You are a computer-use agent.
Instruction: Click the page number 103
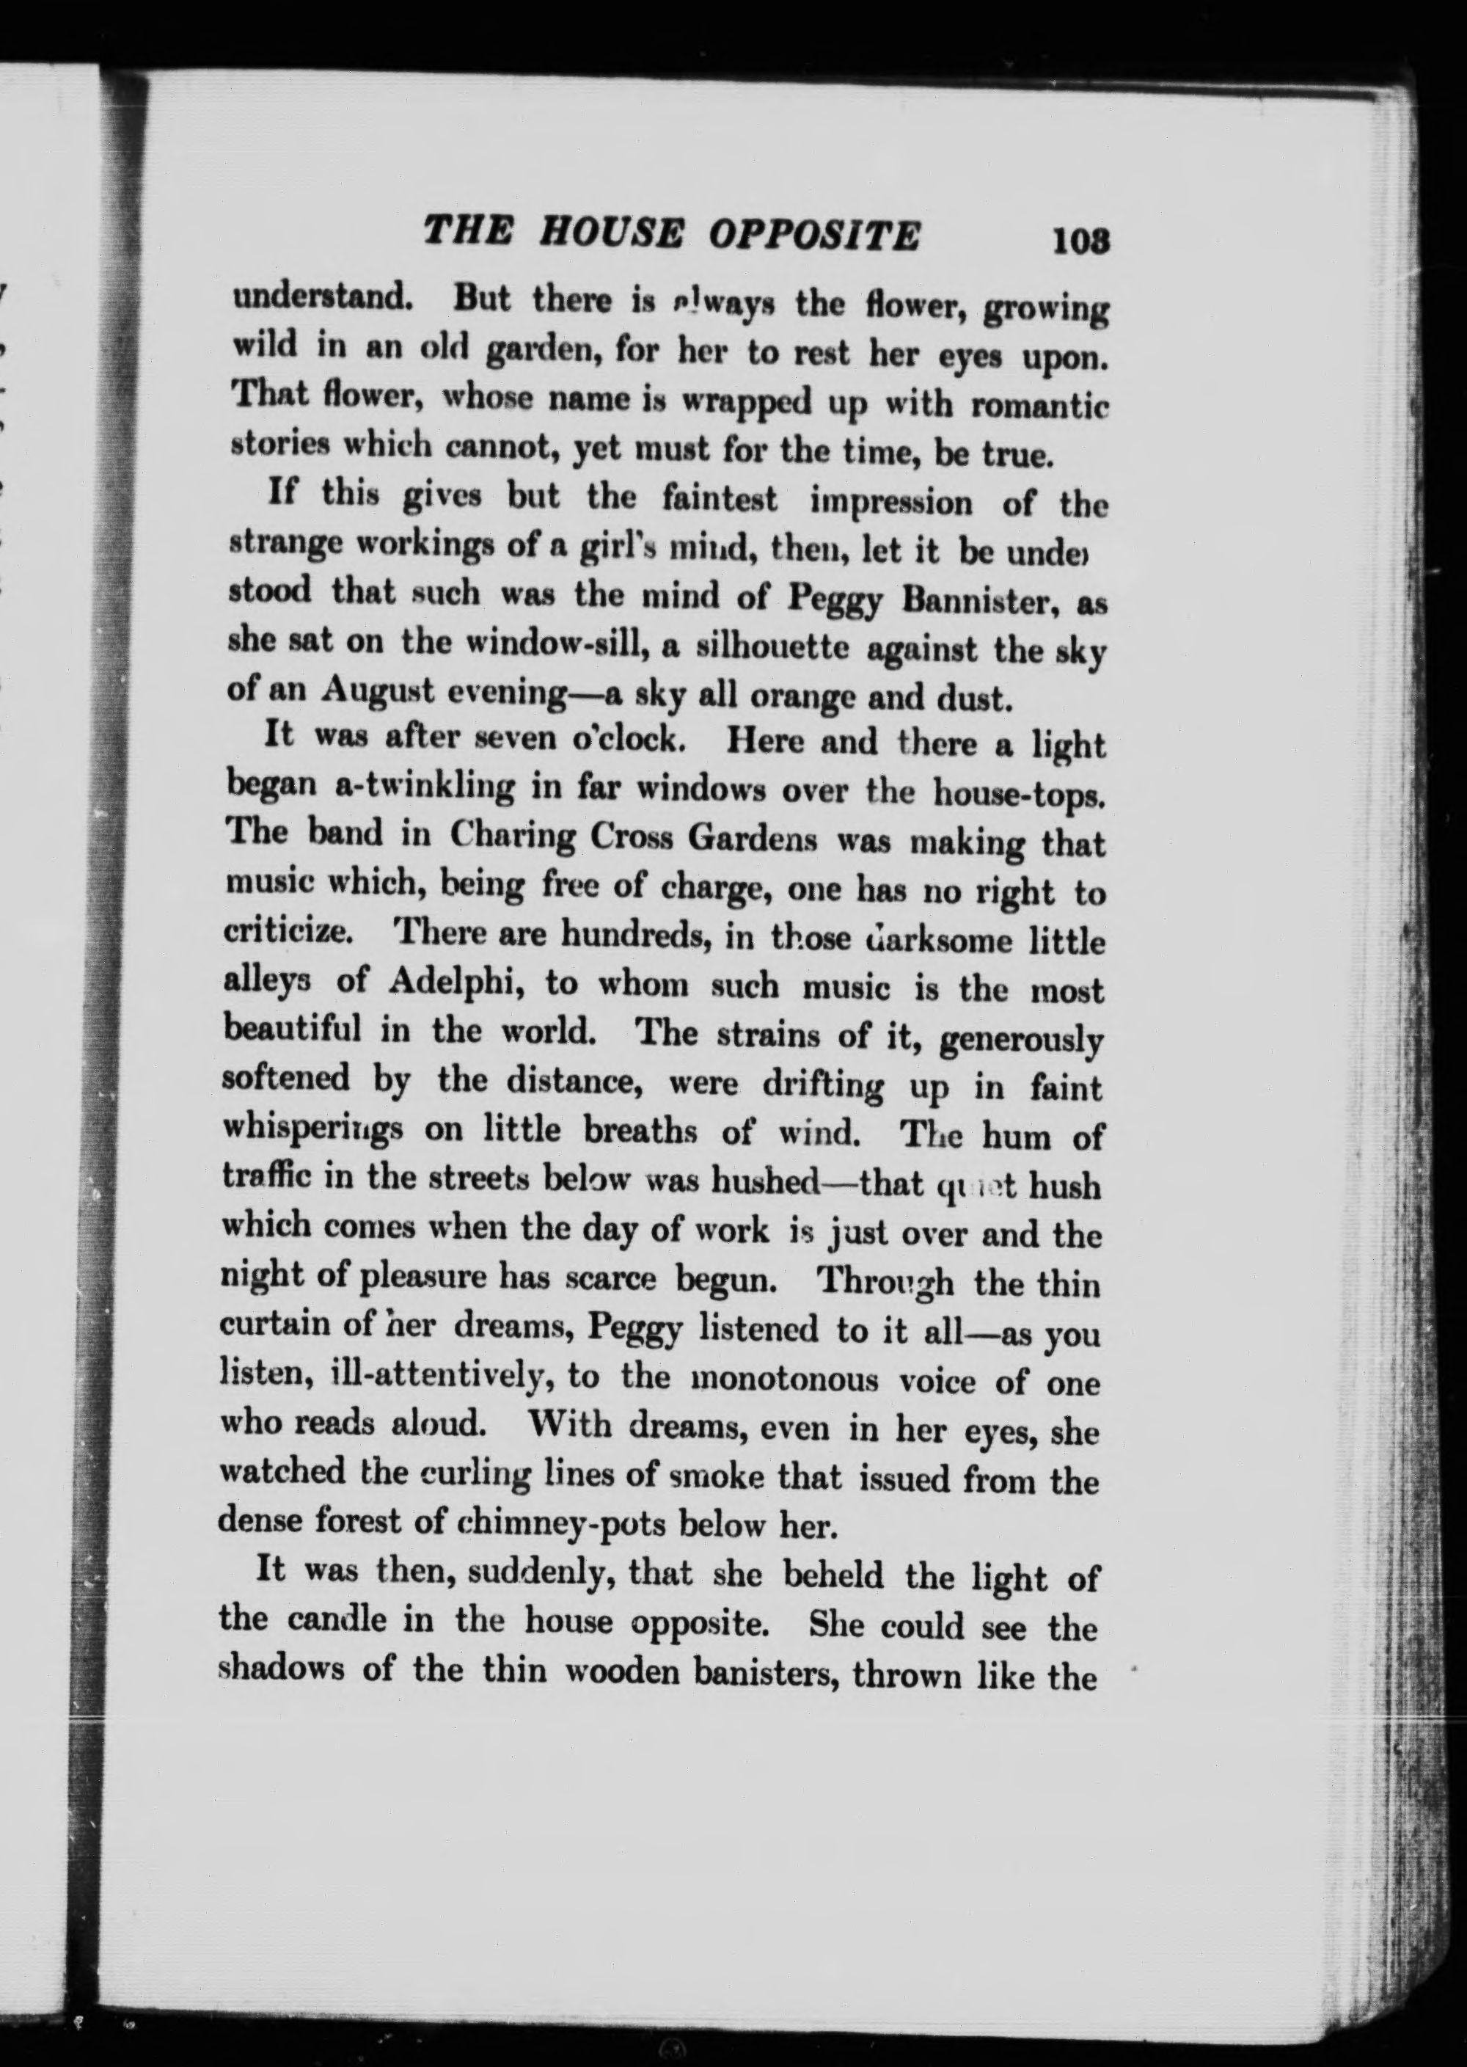tap(1080, 241)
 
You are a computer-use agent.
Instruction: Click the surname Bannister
tap(982, 601)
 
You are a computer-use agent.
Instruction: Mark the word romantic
tap(1038, 406)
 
